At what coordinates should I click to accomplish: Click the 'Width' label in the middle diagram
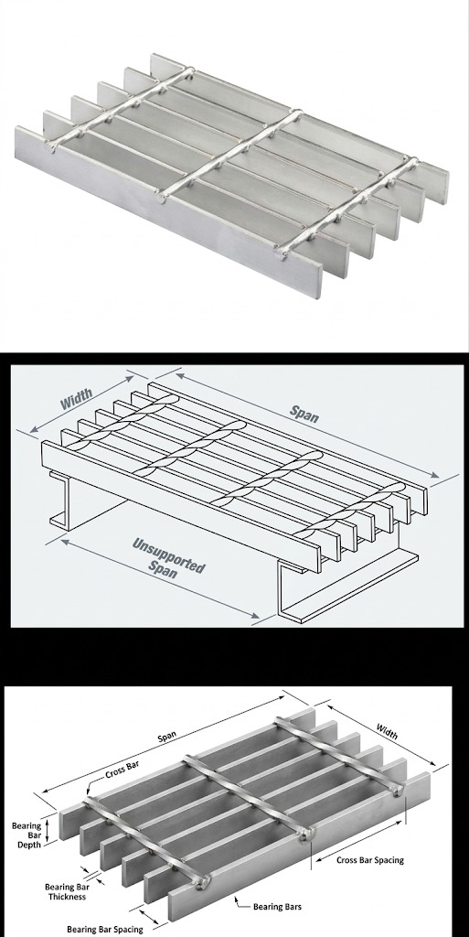tap(77, 399)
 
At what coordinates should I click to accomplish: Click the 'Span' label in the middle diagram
tap(304, 413)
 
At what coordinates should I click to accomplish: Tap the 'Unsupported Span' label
tap(167, 557)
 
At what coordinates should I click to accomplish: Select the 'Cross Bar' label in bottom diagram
tap(123, 773)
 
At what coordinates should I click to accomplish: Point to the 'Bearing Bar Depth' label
tap(27, 835)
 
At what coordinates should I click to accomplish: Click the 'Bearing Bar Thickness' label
tap(68, 891)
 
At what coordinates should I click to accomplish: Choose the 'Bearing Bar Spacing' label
tap(105, 930)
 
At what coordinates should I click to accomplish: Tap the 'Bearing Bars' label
tap(277, 907)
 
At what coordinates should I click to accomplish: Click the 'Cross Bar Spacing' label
tap(370, 860)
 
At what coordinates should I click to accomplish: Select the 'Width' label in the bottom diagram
tap(387, 731)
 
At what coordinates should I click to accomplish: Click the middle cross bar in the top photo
tap(229, 154)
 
